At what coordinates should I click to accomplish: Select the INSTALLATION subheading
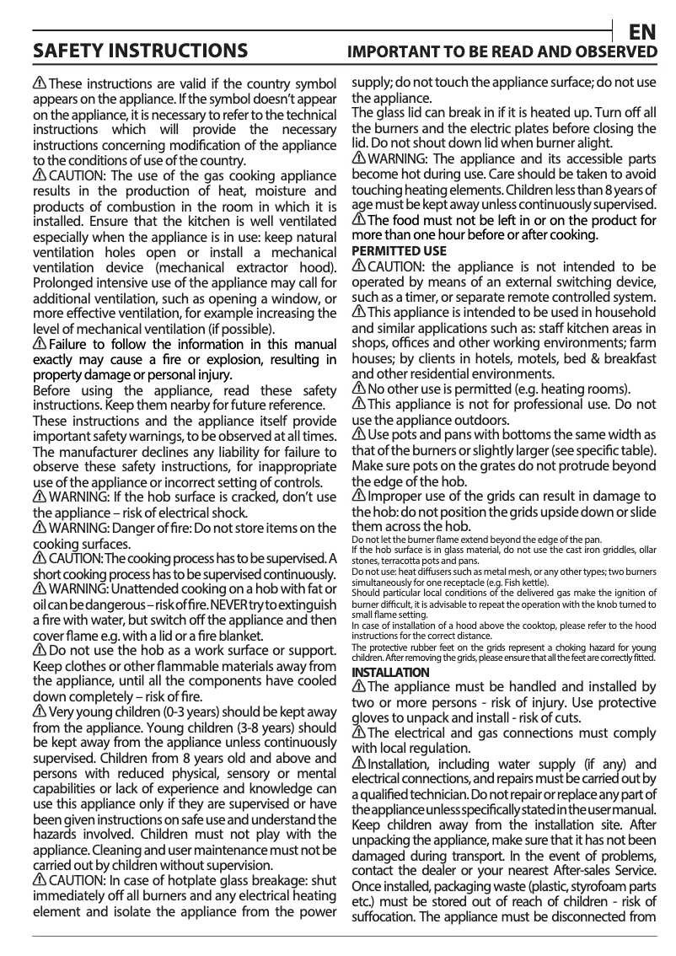click(x=389, y=672)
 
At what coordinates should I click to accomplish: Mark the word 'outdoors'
click(x=479, y=420)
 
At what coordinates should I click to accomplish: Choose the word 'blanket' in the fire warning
click(x=260, y=636)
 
